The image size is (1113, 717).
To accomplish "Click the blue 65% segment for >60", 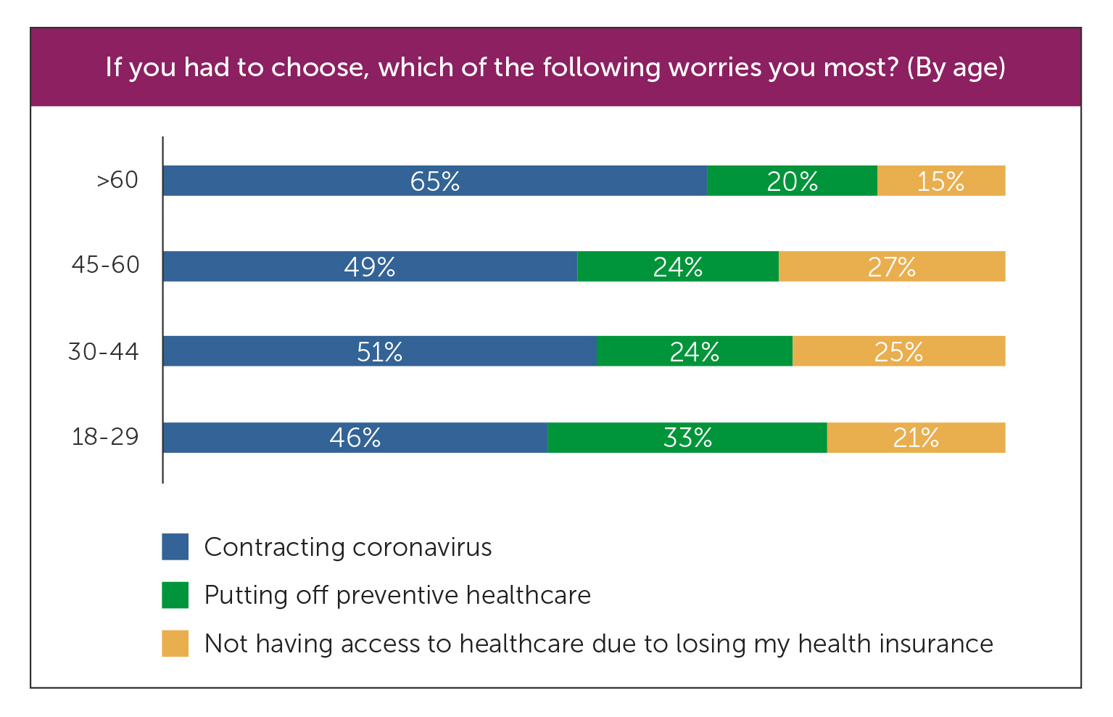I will tap(435, 181).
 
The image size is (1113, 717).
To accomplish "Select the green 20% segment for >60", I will tap(792, 181).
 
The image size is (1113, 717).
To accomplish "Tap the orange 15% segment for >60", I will tap(941, 181).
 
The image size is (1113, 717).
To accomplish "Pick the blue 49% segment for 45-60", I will tap(370, 266).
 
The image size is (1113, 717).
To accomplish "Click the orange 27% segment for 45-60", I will tap(892, 266).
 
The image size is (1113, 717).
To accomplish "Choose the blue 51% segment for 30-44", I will tap(379, 351).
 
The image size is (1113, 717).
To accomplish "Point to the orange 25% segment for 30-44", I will tap(898, 351).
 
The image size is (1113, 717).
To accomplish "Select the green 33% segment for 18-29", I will tap(687, 438).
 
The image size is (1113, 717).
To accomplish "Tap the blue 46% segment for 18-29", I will tap(355, 438).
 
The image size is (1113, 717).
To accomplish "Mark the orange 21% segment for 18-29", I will tap(916, 438).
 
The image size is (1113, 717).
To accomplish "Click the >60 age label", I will tap(117, 180).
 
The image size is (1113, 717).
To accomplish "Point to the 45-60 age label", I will tap(106, 265).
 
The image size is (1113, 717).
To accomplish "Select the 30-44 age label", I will tap(104, 351).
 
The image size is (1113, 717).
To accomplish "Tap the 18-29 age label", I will tap(105, 437).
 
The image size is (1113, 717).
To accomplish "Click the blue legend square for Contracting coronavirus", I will tap(175, 546).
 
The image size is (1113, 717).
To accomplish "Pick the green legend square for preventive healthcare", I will tap(175, 595).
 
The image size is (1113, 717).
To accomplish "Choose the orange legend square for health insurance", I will tap(175, 644).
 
